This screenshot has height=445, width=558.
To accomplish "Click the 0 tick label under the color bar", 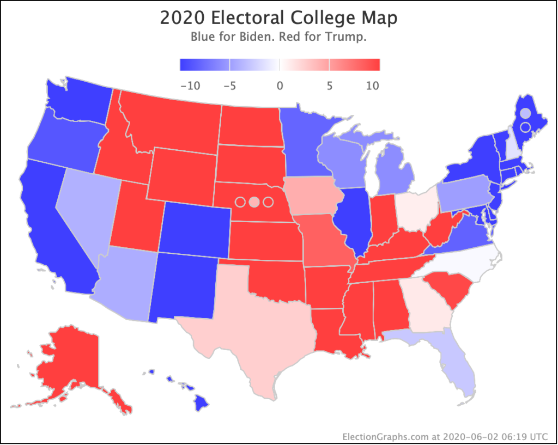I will [280, 86].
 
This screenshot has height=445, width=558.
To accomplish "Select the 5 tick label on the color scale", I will [329, 86].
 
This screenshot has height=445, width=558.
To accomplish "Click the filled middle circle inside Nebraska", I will [253, 202].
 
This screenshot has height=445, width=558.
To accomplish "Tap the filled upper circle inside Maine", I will [525, 113].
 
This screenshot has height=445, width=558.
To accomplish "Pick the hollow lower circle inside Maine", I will [525, 127].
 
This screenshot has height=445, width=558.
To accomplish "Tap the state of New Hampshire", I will [512, 142].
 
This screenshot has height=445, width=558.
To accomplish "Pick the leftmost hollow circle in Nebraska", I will [239, 202].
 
